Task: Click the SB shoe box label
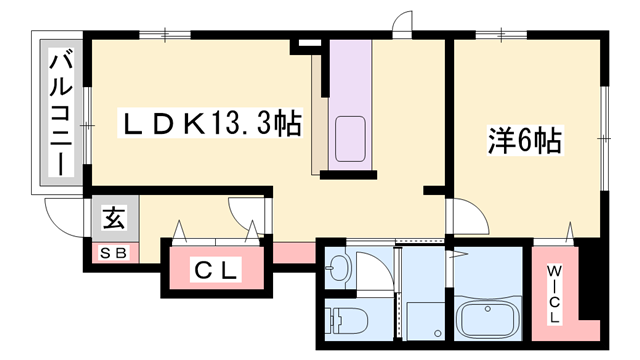point(111,252)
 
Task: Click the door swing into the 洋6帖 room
point(466,215)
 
